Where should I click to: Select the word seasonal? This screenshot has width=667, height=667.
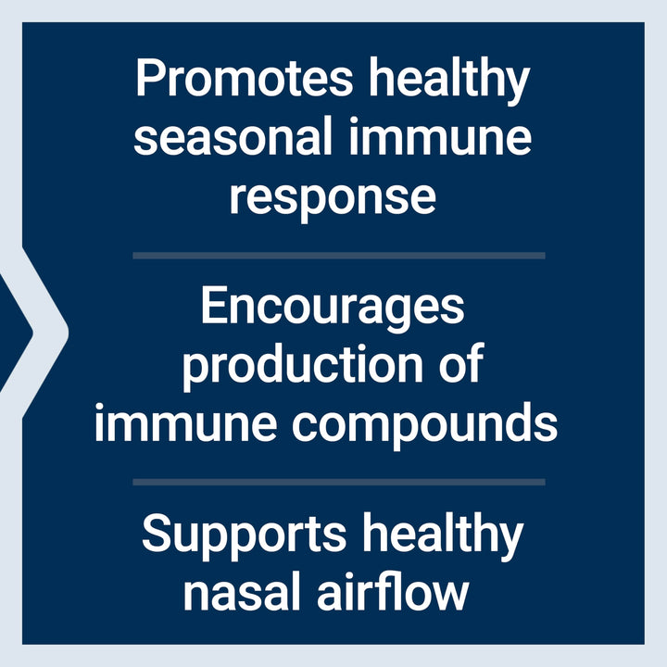(233, 138)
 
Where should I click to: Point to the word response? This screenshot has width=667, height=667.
(333, 197)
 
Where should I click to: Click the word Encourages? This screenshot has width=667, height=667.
(333, 308)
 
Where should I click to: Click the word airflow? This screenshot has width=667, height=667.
(397, 592)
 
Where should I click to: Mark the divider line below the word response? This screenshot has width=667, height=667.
(338, 255)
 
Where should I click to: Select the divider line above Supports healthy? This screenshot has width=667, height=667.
(338, 482)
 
